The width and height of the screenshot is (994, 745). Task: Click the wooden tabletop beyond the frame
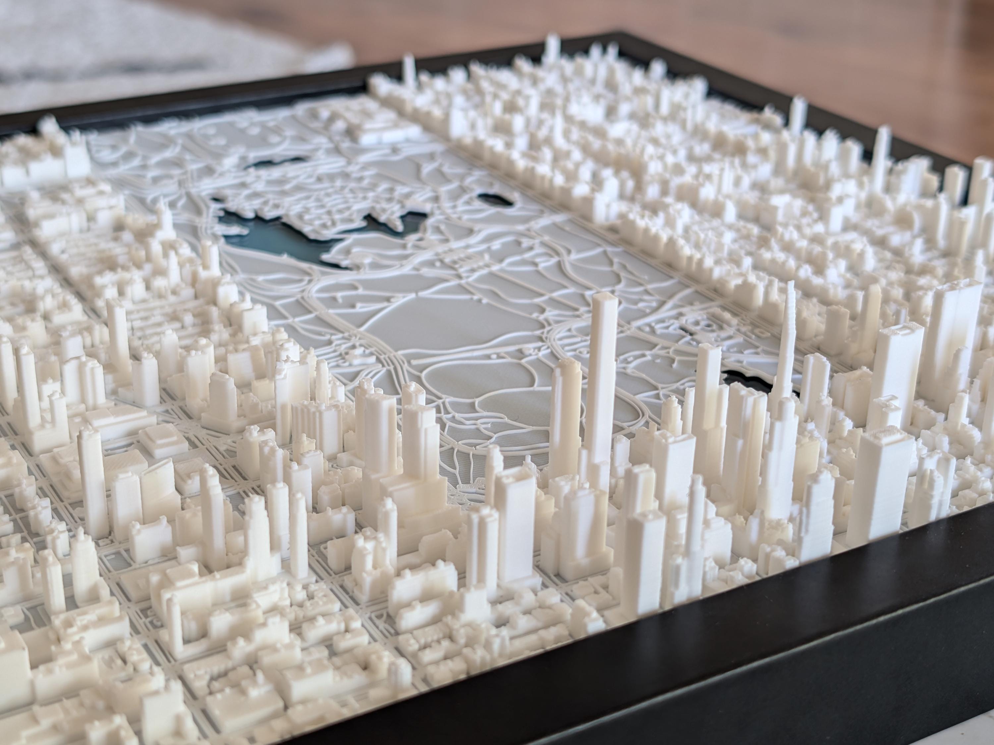(764, 40)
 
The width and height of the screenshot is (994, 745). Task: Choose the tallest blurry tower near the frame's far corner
(550, 49)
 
